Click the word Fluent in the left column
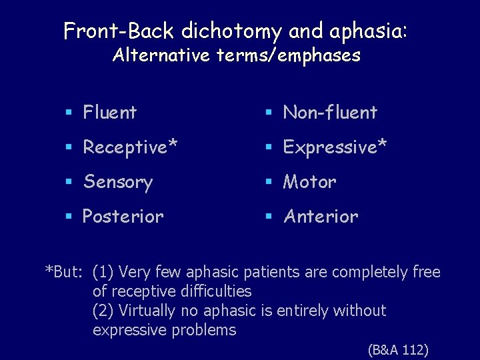(109, 113)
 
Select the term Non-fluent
(330, 113)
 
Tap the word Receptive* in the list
(130, 147)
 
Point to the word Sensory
(117, 182)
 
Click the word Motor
(309, 182)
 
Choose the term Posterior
(123, 217)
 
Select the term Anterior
(321, 217)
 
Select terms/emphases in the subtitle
(289, 55)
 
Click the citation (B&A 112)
(398, 349)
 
